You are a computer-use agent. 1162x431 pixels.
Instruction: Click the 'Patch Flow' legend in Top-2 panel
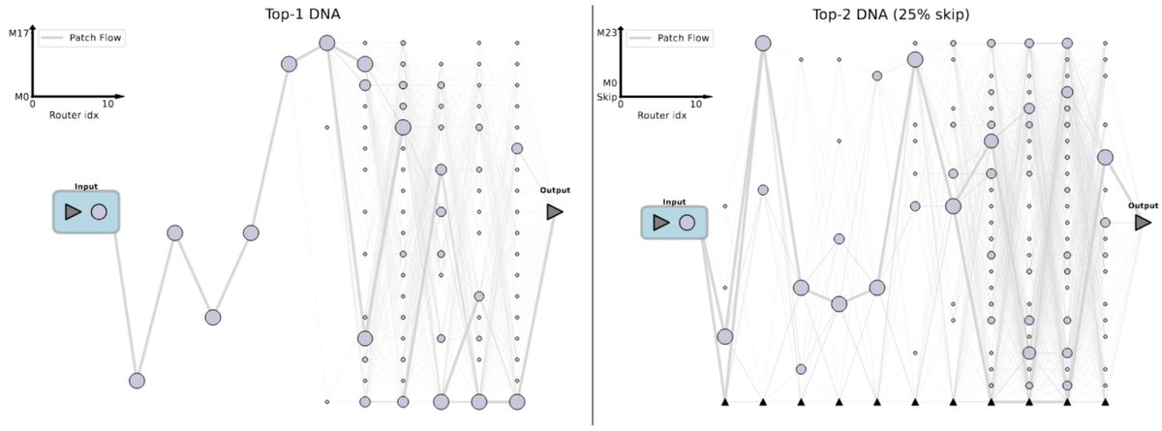[684, 38]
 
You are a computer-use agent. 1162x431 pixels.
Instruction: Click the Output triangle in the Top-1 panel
[555, 211]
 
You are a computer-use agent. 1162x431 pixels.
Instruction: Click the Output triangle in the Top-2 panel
[1143, 223]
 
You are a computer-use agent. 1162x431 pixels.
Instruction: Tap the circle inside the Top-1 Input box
[99, 212]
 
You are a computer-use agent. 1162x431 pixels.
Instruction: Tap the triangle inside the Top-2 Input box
[661, 223]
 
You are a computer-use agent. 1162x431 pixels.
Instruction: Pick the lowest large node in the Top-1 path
[137, 381]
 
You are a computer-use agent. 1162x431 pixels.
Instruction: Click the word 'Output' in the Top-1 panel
[555, 191]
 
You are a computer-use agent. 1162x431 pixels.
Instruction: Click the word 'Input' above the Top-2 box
[674, 201]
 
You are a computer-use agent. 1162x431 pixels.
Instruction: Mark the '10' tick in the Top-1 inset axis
[107, 104]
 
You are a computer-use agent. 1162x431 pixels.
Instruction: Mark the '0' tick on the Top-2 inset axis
[621, 104]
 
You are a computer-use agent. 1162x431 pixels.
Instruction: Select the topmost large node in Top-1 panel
[327, 43]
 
